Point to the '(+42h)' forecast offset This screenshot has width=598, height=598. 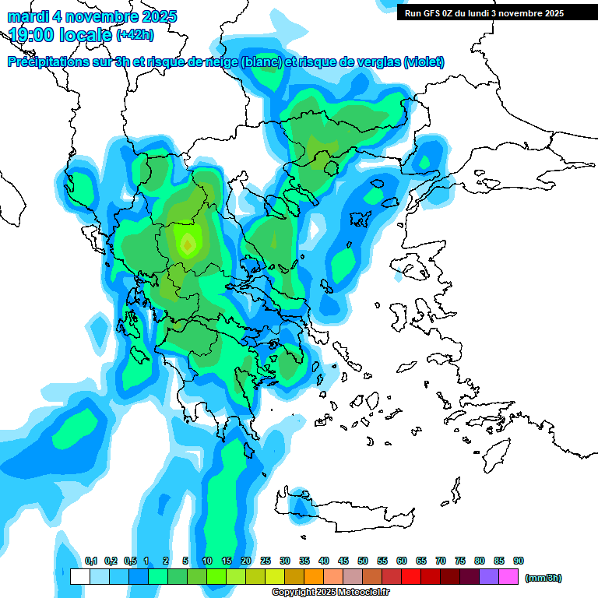point(135,35)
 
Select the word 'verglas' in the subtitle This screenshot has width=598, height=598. point(371,62)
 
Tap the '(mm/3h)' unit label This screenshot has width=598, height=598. point(543,578)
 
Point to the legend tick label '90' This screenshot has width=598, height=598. point(519,561)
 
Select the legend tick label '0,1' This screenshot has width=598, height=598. point(90,561)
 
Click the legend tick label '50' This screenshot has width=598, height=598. point(363,561)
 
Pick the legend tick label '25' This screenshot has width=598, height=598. point(266,561)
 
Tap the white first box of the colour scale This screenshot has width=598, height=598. point(80,577)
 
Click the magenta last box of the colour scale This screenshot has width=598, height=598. point(509,577)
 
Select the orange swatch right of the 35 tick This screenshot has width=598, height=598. point(315,577)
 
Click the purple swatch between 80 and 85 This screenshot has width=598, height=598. point(490,577)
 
